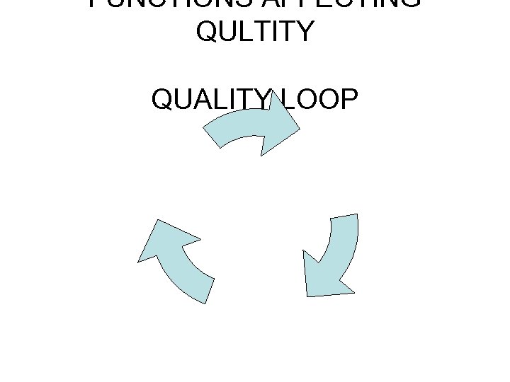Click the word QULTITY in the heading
[x=254, y=31]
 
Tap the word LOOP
[x=318, y=100]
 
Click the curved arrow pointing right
[x=251, y=127]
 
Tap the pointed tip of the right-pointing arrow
[x=299, y=130]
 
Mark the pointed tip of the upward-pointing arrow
[x=140, y=260]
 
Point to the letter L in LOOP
[x=286, y=100]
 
